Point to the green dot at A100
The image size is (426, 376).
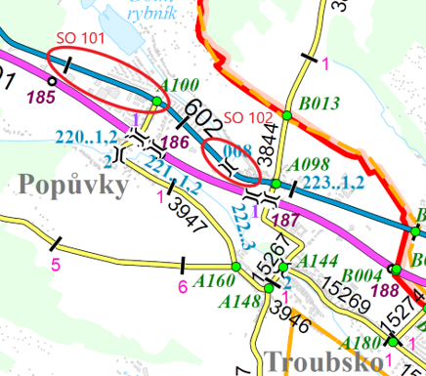(x=156, y=101)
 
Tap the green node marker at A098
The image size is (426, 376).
(x=277, y=184)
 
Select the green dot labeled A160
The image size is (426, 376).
(x=235, y=267)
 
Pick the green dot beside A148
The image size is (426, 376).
(x=270, y=288)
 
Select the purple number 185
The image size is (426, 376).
(x=41, y=98)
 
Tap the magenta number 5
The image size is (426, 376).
(x=56, y=264)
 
